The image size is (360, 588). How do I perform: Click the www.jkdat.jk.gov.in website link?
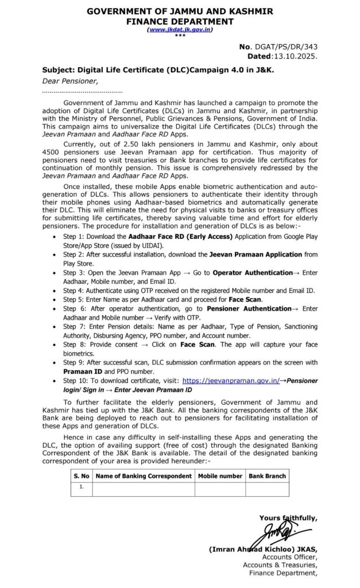click(x=180, y=29)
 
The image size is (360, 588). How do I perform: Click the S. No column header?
click(x=81, y=476)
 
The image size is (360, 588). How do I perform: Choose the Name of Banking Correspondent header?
click(x=143, y=476)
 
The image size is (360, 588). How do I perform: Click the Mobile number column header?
click(x=220, y=476)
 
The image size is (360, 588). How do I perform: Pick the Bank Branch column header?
click(x=267, y=476)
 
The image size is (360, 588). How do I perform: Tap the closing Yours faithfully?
click(x=288, y=517)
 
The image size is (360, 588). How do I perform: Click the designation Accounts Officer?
click(x=289, y=556)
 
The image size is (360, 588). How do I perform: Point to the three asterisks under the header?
click(x=180, y=36)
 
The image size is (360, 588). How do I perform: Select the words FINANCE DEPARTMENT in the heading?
click(x=180, y=21)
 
